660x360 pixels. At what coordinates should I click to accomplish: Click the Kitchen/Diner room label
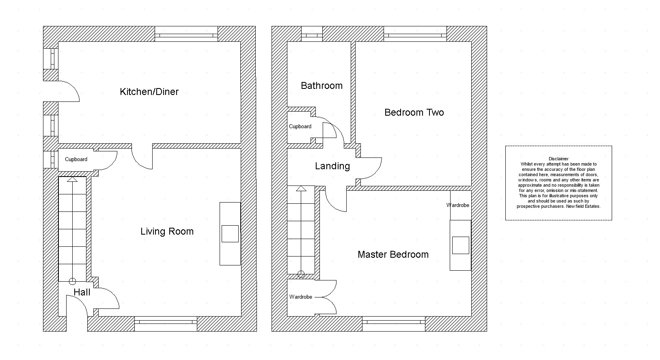tap(149, 92)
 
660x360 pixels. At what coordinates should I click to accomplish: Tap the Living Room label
tap(167, 231)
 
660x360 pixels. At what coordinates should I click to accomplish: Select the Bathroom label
tap(322, 86)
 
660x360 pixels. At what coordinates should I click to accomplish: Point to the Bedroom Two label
tap(414, 112)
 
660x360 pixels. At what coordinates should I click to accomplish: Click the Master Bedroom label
tap(393, 254)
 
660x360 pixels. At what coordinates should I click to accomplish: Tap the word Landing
tap(332, 166)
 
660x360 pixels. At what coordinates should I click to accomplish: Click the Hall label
tap(82, 292)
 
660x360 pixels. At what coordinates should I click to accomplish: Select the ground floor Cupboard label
tap(76, 160)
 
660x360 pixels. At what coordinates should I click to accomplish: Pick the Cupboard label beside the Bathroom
tap(300, 126)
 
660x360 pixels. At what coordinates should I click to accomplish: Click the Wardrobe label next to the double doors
tap(300, 297)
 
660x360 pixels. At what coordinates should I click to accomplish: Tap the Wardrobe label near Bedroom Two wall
tap(457, 205)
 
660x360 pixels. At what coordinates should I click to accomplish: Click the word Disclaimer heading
tap(559, 159)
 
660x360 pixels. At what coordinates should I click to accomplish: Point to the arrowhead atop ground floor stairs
tap(72, 179)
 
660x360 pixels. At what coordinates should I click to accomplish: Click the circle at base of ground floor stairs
tap(72, 281)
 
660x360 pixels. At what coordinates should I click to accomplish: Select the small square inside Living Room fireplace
tap(230, 234)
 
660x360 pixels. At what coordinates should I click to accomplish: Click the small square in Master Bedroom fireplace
tap(461, 245)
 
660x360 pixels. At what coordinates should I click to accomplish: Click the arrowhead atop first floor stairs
tap(301, 189)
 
